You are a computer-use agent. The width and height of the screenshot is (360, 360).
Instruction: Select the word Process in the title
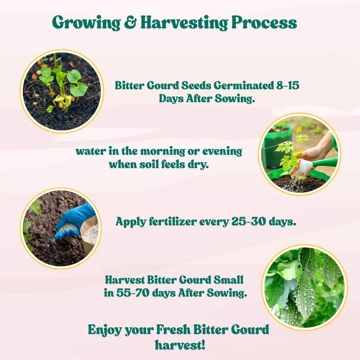pyautogui.click(x=264, y=23)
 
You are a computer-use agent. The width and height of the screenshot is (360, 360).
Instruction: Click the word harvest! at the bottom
pyautogui.click(x=180, y=345)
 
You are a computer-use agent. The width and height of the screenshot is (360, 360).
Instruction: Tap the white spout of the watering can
pyautogui.click(x=306, y=166)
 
